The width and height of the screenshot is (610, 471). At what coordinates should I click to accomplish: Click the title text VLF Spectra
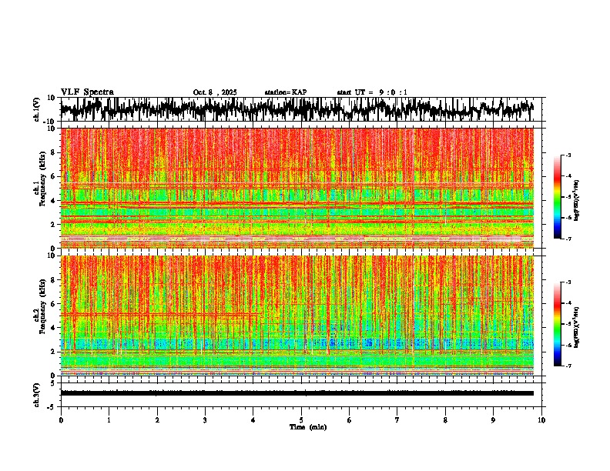[x=87, y=92]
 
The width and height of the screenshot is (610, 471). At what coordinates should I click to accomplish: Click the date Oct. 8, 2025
[x=215, y=92]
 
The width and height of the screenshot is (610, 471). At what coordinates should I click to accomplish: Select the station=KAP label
[x=286, y=92]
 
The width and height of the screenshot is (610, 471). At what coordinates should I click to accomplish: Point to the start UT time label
[x=372, y=92]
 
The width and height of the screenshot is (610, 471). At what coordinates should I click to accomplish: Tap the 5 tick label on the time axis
[x=302, y=419]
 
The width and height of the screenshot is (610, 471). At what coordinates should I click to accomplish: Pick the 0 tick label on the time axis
[x=61, y=419]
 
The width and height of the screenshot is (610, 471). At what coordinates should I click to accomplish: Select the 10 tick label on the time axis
[x=541, y=419]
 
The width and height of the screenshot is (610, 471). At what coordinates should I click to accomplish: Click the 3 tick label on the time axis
[x=206, y=419]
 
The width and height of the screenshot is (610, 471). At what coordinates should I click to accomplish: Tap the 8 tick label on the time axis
[x=446, y=419]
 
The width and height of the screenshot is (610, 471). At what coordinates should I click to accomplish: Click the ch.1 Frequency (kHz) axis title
[x=40, y=189]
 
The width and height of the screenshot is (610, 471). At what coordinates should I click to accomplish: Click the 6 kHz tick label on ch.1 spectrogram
[x=54, y=176]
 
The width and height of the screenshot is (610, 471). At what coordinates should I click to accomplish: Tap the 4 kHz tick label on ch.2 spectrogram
[x=54, y=328]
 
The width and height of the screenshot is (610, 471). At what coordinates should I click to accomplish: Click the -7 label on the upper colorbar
[x=577, y=239]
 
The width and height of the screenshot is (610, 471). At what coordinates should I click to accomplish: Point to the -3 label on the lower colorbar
[x=577, y=283]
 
